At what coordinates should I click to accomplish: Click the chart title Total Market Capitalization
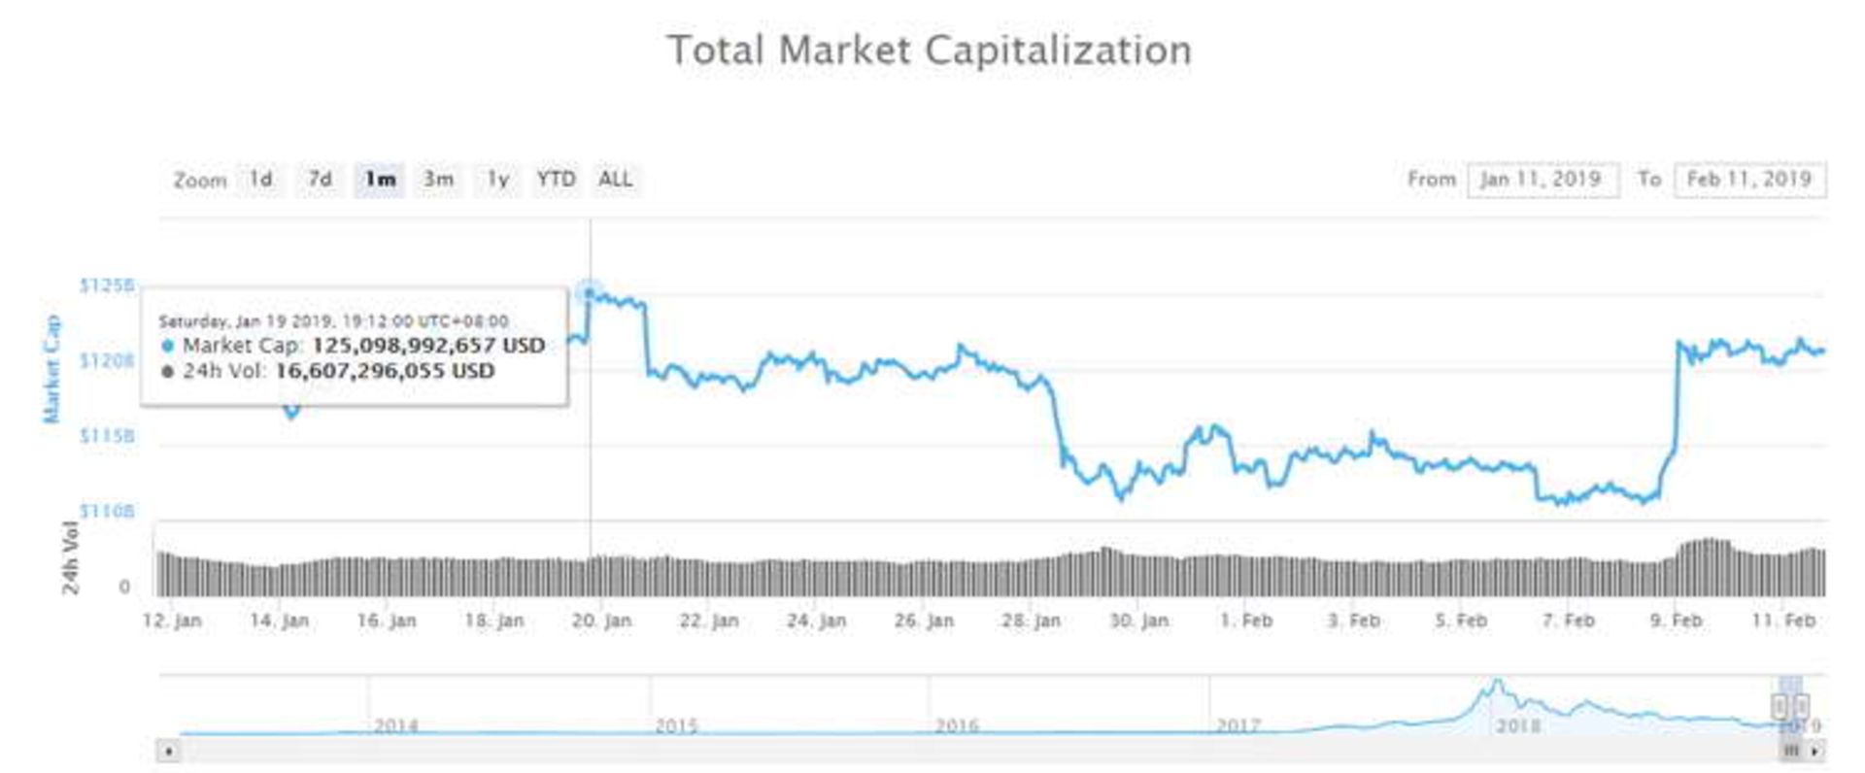(x=929, y=50)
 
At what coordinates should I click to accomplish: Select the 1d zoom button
(x=260, y=180)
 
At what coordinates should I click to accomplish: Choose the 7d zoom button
(x=320, y=180)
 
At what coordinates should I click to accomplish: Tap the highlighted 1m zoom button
(x=379, y=180)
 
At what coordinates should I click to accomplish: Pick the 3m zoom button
(x=438, y=180)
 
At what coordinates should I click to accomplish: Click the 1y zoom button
(x=497, y=180)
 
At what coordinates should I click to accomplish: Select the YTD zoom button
(x=556, y=180)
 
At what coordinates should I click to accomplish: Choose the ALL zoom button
(x=615, y=180)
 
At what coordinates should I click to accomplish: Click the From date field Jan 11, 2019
(x=1542, y=180)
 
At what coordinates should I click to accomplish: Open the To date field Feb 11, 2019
(x=1748, y=180)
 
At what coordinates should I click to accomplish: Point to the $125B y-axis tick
(x=107, y=286)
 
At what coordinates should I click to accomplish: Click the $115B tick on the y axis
(x=107, y=436)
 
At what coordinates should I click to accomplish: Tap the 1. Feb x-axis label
(x=1246, y=621)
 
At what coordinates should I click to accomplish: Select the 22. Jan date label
(x=708, y=621)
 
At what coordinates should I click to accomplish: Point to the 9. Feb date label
(x=1676, y=621)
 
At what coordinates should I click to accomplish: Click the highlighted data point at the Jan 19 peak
(x=589, y=291)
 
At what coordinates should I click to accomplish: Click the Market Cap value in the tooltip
(x=427, y=346)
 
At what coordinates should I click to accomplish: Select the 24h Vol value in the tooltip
(x=385, y=371)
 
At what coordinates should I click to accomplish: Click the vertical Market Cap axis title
(x=51, y=369)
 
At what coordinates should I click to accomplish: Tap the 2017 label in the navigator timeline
(x=1238, y=725)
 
